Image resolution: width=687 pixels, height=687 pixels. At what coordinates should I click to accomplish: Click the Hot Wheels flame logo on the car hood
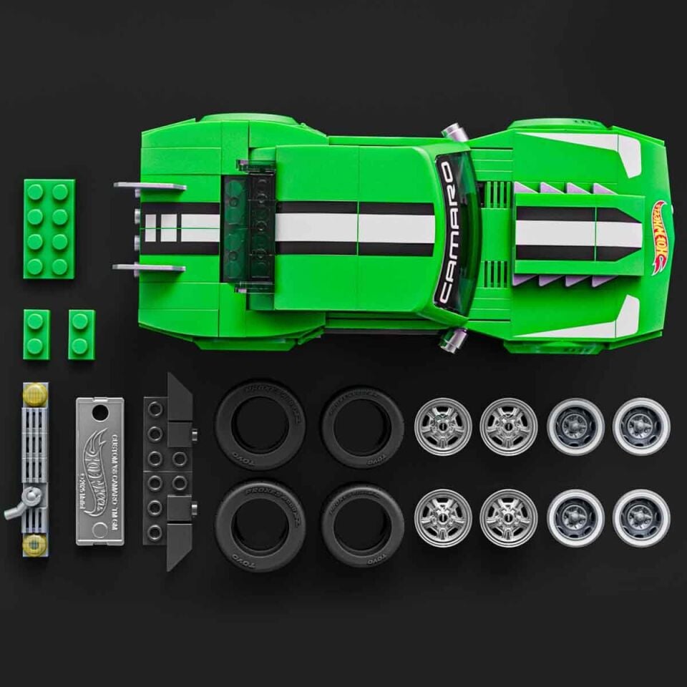point(658,237)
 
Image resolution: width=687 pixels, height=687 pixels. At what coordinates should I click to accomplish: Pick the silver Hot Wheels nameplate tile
point(99,471)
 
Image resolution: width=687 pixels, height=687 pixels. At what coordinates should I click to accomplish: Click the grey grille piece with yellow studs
point(34,469)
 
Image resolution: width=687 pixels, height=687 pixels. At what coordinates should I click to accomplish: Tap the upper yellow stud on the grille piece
point(34,393)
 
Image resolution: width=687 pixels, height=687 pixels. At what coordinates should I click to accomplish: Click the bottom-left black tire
point(260,515)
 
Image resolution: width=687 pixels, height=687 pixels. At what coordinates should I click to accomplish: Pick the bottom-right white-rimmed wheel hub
point(641,517)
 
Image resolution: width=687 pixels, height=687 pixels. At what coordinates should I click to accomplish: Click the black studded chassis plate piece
point(167,471)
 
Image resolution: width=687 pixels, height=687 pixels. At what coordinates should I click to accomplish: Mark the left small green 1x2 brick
point(36,334)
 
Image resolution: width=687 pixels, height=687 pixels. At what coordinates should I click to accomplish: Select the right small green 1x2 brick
point(81,334)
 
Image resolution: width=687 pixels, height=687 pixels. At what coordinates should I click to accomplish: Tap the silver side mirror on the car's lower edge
point(453,339)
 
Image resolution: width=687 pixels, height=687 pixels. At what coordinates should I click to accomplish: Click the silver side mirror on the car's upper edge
point(454,132)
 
